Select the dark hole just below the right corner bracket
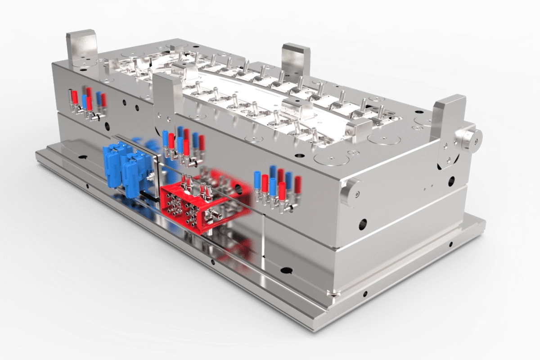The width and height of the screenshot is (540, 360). tap(451, 181)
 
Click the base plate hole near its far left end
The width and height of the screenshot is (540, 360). tap(83, 157)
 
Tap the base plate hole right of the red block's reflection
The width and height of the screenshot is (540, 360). tap(286, 270)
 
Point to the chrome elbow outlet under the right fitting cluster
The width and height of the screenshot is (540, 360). tap(290, 207)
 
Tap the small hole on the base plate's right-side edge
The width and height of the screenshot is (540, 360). tap(450, 244)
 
